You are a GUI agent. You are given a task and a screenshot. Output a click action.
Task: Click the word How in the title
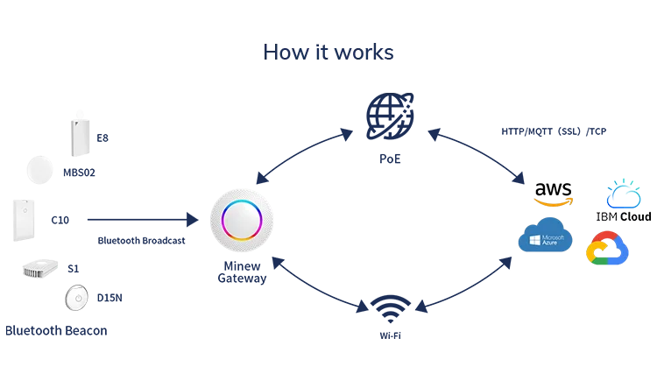click(x=279, y=53)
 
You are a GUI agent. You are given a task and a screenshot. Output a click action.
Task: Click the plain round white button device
click(x=40, y=171)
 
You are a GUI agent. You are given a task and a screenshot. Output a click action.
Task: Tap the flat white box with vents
click(x=41, y=270)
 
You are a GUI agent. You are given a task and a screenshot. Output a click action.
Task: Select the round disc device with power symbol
click(x=78, y=300)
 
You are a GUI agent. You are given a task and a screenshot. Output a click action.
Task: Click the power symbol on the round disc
click(x=78, y=300)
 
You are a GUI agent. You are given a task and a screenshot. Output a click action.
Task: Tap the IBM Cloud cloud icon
click(x=624, y=194)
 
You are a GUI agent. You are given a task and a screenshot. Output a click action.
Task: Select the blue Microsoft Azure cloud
click(x=545, y=238)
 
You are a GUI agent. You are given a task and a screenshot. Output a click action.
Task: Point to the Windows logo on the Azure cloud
click(x=533, y=238)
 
